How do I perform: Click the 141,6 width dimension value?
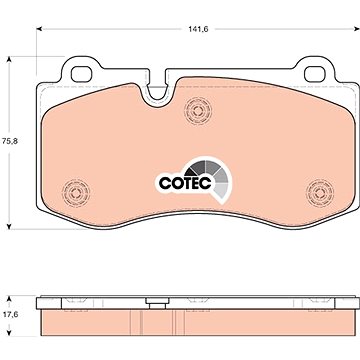[198, 29]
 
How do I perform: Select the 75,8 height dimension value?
[9, 141]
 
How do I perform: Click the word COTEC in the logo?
[185, 183]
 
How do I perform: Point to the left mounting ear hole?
[81, 74]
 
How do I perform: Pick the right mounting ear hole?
[315, 74]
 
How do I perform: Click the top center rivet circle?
[198, 111]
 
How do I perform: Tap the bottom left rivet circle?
[76, 193]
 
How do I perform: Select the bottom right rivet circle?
[320, 193]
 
